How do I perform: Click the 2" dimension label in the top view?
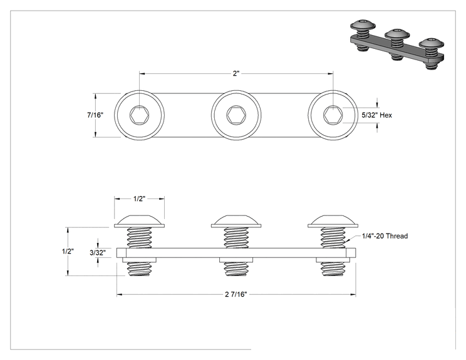coord(236,73)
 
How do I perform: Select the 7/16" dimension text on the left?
coord(95,115)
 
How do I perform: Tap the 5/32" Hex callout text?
coord(376,115)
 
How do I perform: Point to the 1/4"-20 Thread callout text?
coord(385,236)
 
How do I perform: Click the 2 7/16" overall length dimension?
coord(236,294)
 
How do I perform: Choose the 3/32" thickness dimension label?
coord(98,253)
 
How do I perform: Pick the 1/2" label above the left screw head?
coord(139,198)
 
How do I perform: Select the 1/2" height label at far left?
coord(68,251)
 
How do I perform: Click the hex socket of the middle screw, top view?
coord(236,115)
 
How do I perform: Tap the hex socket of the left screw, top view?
coord(140,115)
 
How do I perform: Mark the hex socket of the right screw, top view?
coord(333,115)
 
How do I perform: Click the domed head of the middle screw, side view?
coord(236,221)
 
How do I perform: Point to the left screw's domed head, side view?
coord(140,221)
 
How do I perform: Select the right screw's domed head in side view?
coord(333,221)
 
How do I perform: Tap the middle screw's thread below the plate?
coord(236,269)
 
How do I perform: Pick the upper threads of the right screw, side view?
coord(333,238)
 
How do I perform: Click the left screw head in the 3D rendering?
coord(363,24)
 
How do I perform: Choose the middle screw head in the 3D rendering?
coord(397,34)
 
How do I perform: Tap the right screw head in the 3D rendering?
coord(432,43)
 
